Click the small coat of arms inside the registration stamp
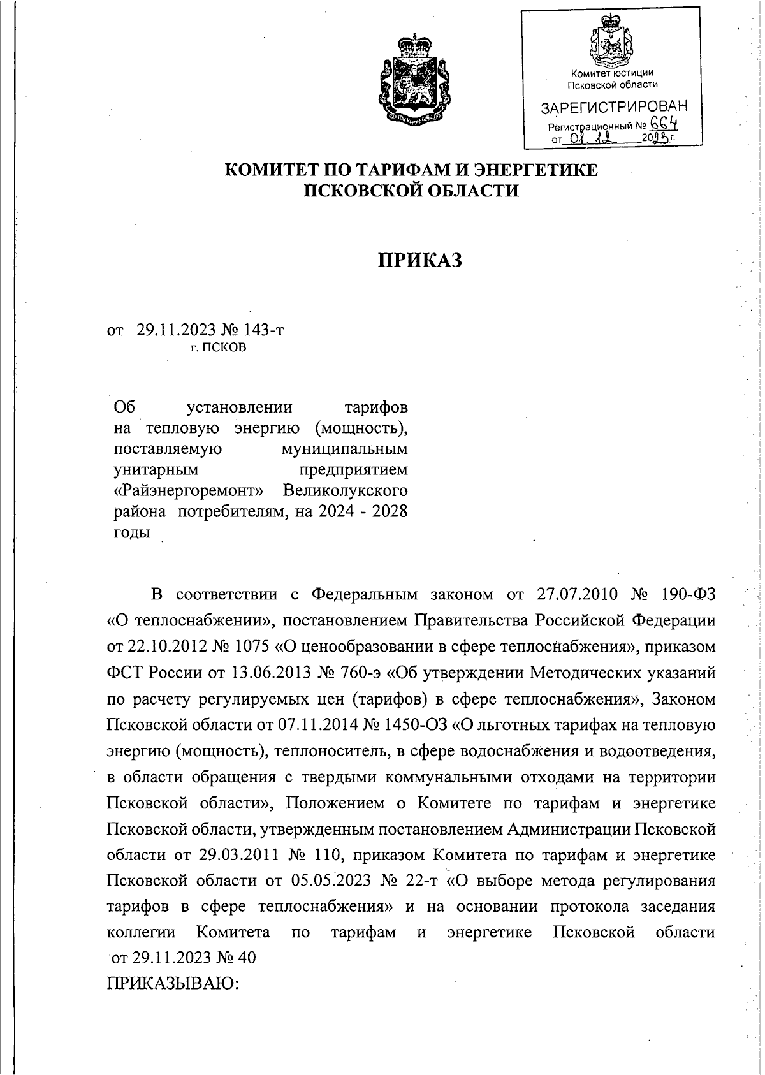[x=611, y=44]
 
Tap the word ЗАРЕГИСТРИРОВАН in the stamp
[x=614, y=106]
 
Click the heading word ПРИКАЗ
[x=420, y=260]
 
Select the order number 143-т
[x=261, y=330]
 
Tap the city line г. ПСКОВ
[x=218, y=348]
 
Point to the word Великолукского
[x=345, y=491]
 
